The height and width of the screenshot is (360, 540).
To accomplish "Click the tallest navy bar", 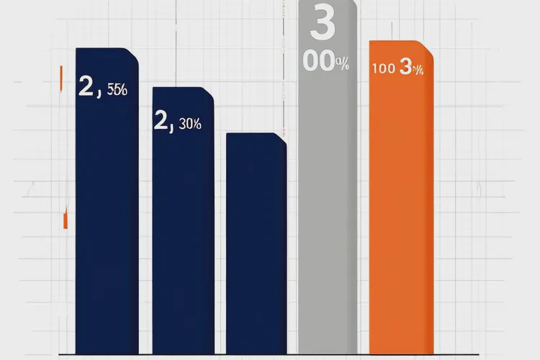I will (107, 216).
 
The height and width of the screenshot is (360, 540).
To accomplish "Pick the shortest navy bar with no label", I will (256, 245).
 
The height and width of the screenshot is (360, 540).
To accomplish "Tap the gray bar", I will (328, 216).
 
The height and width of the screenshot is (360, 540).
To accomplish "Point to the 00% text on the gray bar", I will (326, 63).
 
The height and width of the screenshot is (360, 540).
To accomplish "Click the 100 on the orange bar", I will (383, 69).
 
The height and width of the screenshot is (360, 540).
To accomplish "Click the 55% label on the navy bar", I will (117, 91).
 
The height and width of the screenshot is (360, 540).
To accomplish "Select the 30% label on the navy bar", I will (190, 124).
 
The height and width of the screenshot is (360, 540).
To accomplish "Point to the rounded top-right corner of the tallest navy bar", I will (133, 53).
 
